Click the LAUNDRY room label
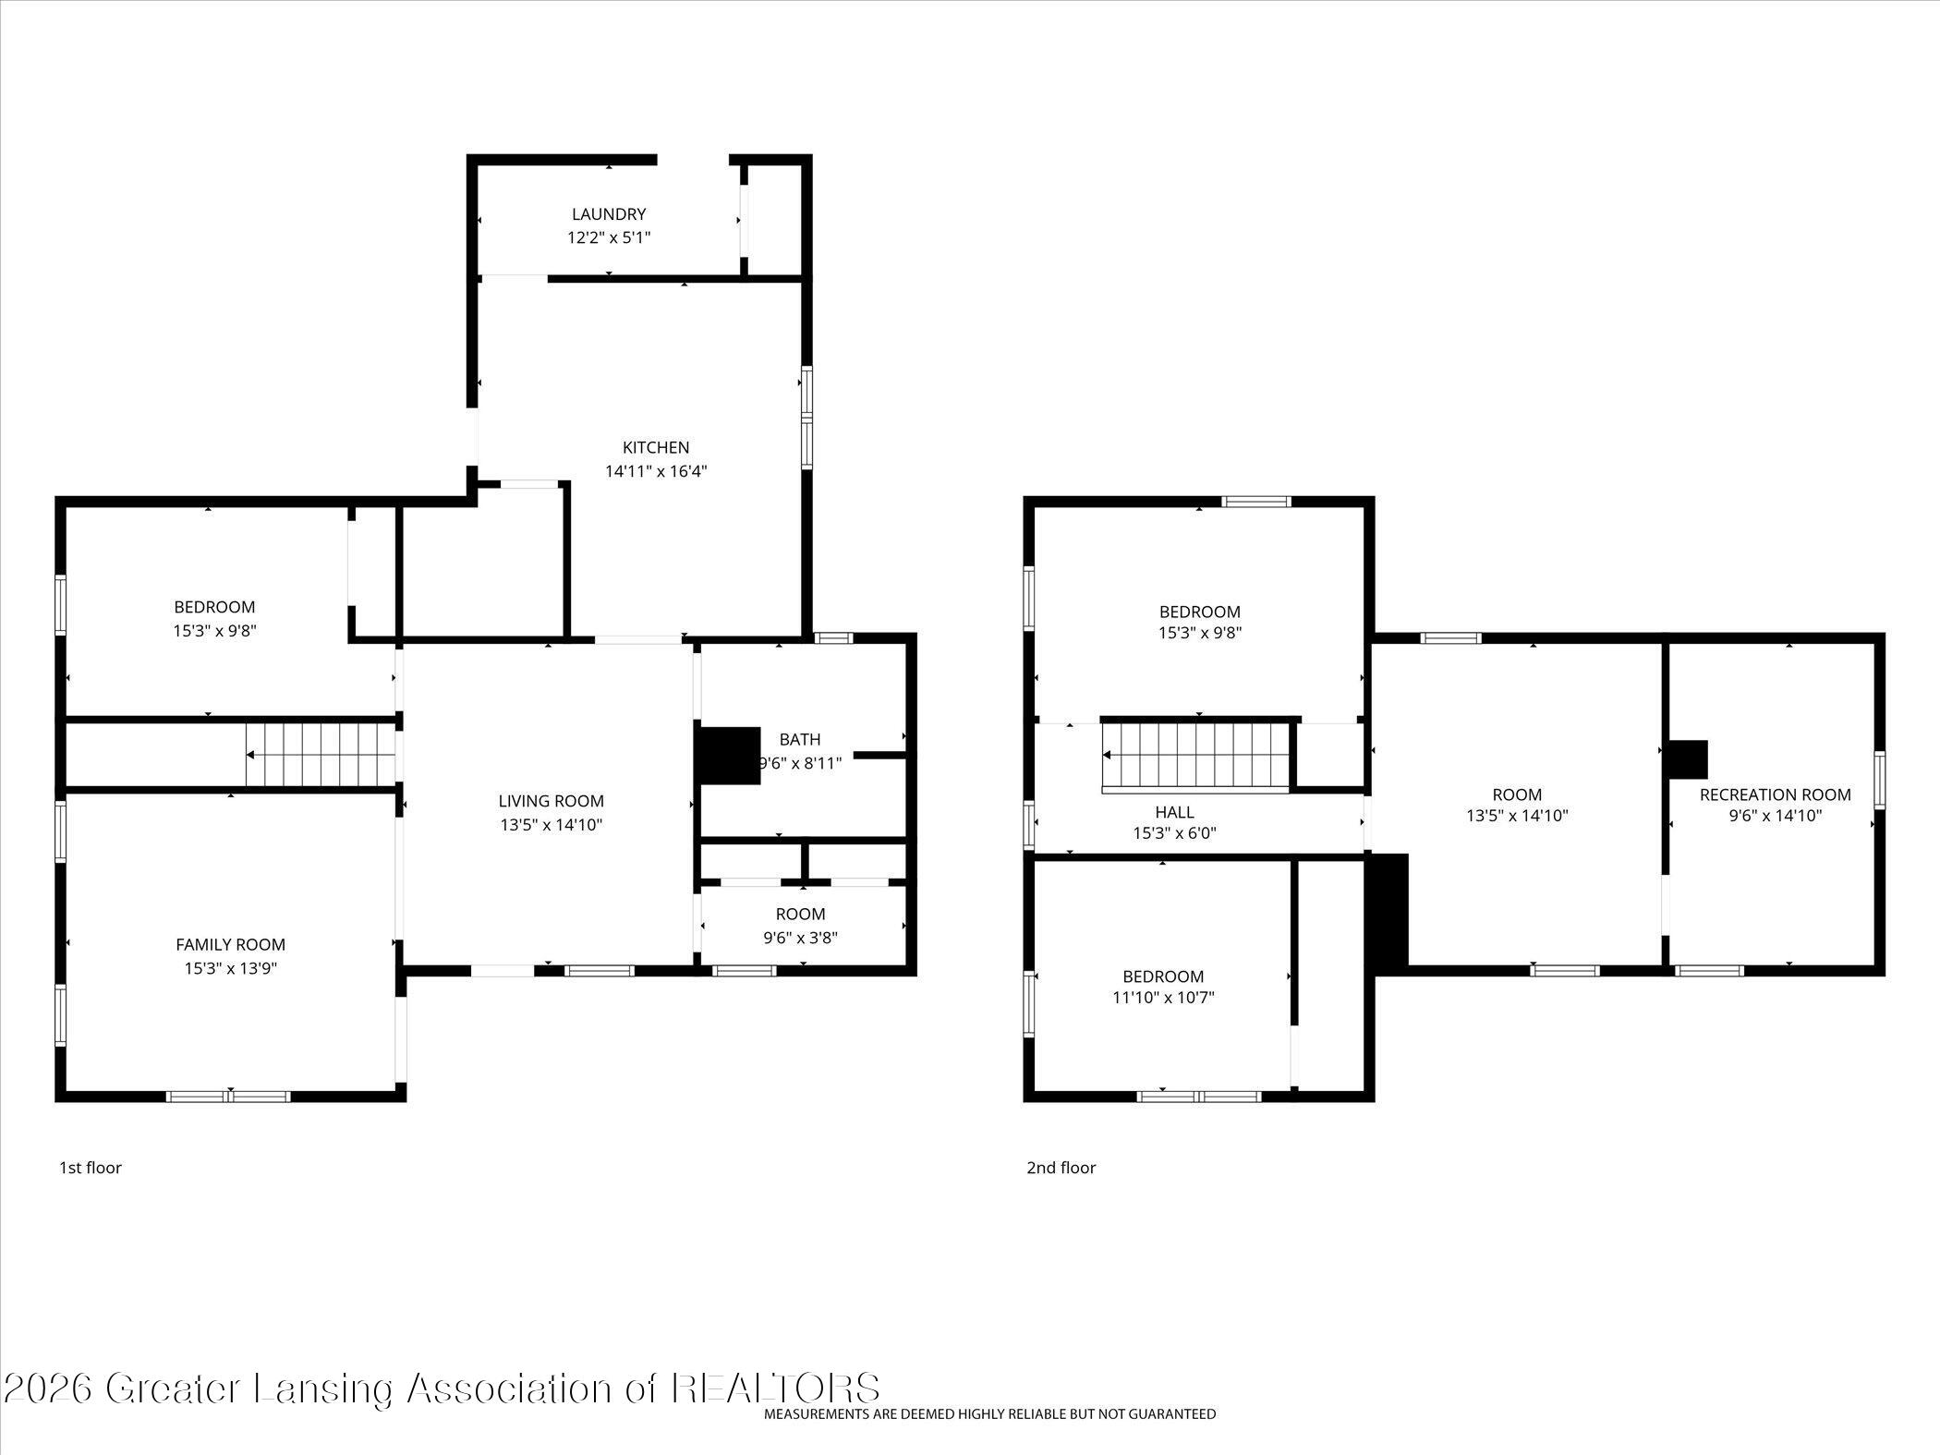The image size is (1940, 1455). [x=608, y=214]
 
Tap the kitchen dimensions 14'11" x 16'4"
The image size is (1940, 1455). [x=656, y=471]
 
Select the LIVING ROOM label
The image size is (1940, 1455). [x=551, y=802]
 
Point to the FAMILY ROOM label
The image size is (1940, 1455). [x=230, y=944]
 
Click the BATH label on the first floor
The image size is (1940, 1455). [x=799, y=739]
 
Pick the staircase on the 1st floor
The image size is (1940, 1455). [x=321, y=755]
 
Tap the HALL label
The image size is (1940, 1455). [x=1174, y=812]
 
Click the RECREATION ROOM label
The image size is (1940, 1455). [x=1775, y=794]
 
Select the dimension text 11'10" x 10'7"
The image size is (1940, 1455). [x=1163, y=998]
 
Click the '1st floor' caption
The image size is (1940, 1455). [x=91, y=1168]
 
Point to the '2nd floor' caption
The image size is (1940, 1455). [x=1061, y=1168]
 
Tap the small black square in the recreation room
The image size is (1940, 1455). [x=1688, y=759]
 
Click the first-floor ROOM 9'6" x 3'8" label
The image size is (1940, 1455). [x=800, y=915]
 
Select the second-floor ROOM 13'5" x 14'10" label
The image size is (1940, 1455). [x=1517, y=794]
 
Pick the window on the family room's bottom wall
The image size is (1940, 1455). [x=228, y=1097]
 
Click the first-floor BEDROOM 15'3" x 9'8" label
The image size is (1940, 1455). [x=214, y=607]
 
